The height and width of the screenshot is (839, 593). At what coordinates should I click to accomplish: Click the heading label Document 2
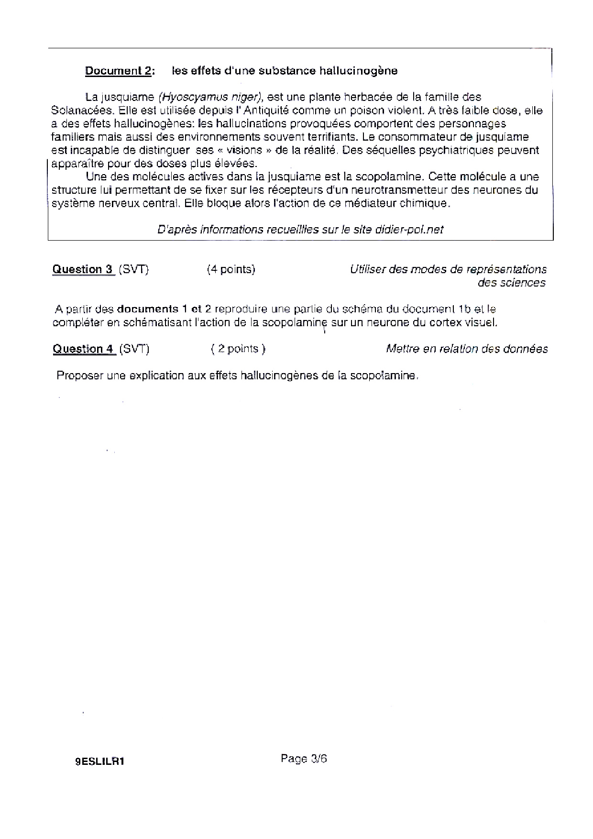[119, 71]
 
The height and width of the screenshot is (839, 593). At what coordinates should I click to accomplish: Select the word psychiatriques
[453, 150]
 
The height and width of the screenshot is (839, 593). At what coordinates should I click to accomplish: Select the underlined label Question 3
[83, 269]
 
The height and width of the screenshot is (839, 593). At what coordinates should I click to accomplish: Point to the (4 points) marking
[231, 269]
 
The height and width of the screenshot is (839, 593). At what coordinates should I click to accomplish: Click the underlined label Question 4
[83, 349]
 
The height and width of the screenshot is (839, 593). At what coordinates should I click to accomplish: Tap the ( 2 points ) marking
[238, 349]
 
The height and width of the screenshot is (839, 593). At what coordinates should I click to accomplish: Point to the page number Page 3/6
[304, 759]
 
